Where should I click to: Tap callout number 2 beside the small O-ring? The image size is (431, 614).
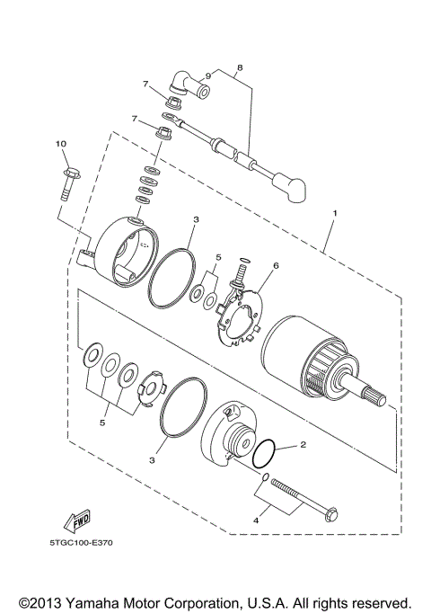303,444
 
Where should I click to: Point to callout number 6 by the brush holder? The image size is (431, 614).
277,266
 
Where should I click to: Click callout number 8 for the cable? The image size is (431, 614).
240,67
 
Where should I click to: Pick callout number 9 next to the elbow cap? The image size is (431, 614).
207,76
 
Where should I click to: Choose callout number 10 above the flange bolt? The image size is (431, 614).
61,144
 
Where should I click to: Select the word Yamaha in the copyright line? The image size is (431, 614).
86,601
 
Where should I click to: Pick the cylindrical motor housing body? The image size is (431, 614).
301,355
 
